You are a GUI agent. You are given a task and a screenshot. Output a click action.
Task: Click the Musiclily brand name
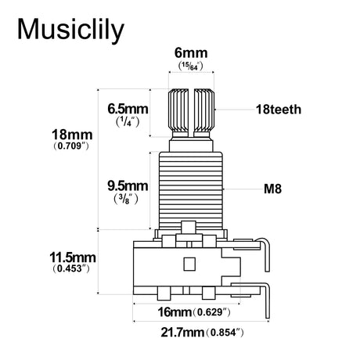(x=70, y=31)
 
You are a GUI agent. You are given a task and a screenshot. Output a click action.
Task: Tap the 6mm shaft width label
(x=191, y=53)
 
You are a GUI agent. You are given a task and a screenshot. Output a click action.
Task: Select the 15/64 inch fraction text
(x=190, y=66)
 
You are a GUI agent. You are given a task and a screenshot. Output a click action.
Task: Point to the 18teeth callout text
(x=279, y=110)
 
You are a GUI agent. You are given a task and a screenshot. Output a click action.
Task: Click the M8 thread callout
(x=272, y=189)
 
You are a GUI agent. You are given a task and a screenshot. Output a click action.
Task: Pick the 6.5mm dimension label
(x=128, y=109)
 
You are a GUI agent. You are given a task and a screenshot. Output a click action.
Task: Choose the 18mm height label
(x=72, y=135)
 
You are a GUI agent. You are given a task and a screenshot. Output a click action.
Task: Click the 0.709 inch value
(x=70, y=146)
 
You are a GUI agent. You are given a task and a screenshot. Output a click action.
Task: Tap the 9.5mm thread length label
(x=128, y=186)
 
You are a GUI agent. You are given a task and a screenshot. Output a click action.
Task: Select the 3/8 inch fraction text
(x=126, y=200)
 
